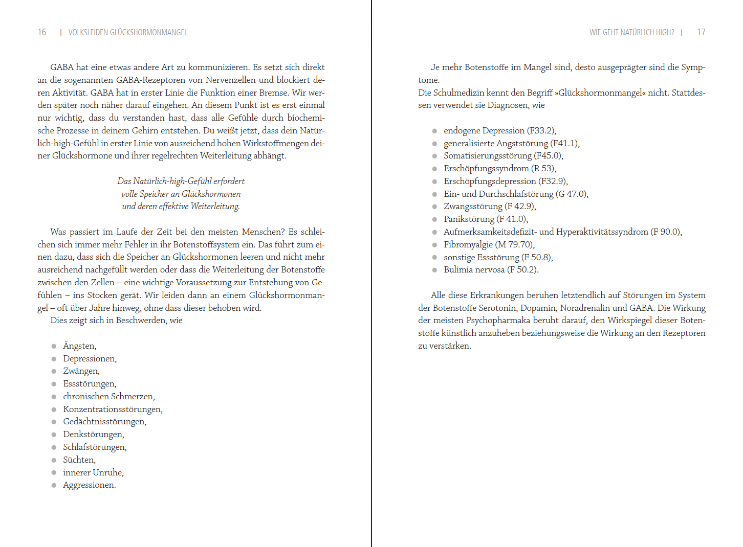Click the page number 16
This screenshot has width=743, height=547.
click(x=42, y=32)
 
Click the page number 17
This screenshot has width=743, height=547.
click(x=701, y=32)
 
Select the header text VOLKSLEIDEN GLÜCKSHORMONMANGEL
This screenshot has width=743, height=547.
click(x=127, y=33)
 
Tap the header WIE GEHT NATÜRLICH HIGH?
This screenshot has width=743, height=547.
click(x=631, y=33)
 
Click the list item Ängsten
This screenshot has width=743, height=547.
click(x=79, y=346)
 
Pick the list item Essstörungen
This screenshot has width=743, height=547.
click(x=90, y=384)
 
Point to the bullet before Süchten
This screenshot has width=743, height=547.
click(x=54, y=460)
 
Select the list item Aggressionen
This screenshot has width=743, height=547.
click(x=89, y=485)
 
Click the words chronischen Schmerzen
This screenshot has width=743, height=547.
click(x=108, y=397)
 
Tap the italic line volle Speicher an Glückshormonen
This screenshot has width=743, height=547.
click(x=181, y=194)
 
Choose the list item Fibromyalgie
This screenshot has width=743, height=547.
click(x=468, y=245)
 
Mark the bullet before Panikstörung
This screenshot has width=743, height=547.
click(x=434, y=220)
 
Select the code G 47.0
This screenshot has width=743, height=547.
click(x=572, y=194)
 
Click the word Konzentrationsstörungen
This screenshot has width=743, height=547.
click(x=112, y=409)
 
